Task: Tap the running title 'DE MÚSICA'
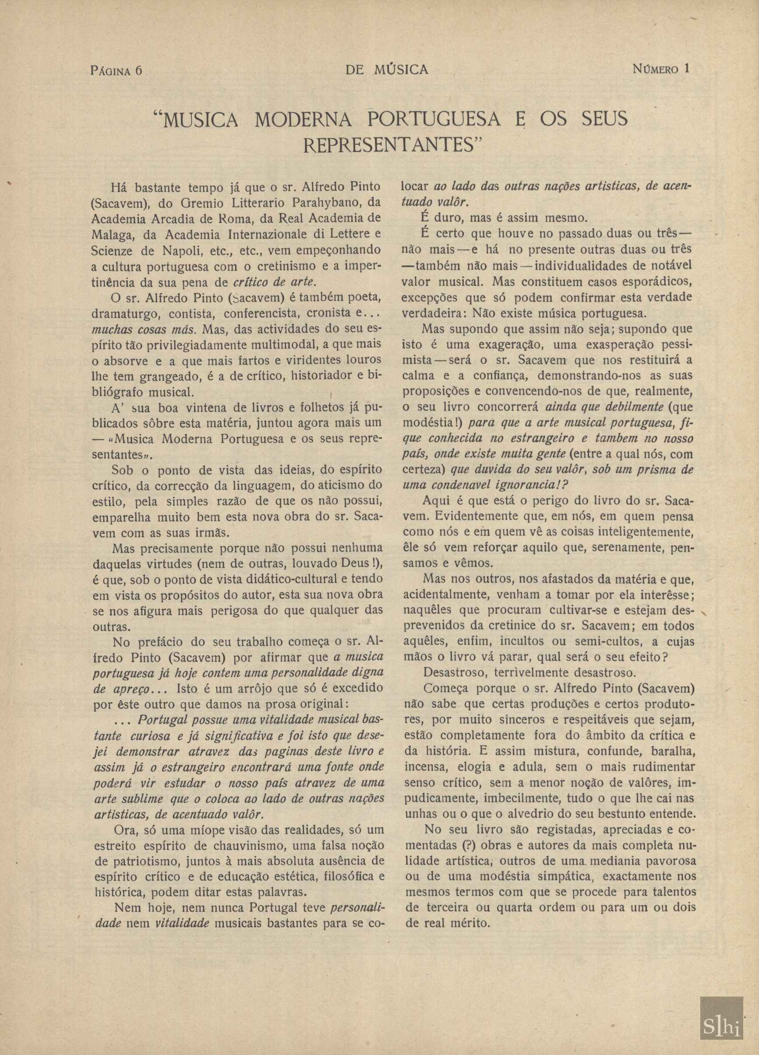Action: [x=386, y=70]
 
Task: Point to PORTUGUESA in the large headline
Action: [x=434, y=120]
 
